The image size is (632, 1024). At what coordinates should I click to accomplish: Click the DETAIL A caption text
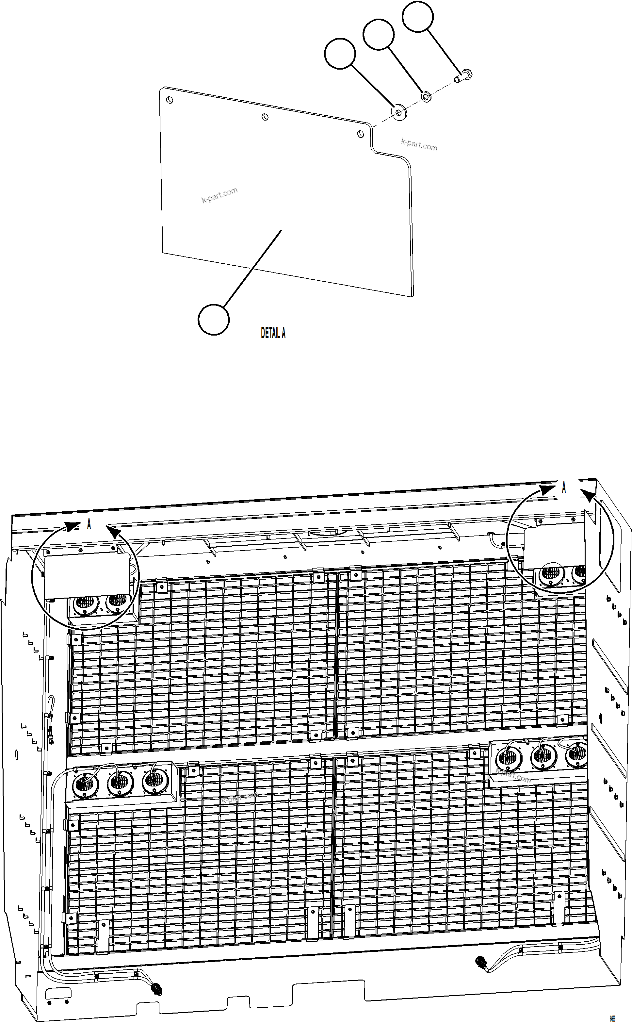[x=273, y=333]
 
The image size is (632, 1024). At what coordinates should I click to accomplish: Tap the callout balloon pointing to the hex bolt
[x=417, y=15]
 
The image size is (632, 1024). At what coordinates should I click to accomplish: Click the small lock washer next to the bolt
[x=426, y=97]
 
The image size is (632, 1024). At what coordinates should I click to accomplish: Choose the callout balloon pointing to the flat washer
[x=340, y=53]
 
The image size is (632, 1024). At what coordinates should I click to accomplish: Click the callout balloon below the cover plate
[x=214, y=320]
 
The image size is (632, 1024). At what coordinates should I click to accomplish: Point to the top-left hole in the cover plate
[x=169, y=100]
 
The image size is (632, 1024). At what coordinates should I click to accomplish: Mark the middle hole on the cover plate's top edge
[x=265, y=117]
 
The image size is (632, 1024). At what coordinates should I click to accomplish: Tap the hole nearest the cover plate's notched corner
[x=360, y=134]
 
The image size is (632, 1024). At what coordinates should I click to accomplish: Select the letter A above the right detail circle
[x=563, y=487]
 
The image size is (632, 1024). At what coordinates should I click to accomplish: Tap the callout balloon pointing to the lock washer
[x=378, y=34]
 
